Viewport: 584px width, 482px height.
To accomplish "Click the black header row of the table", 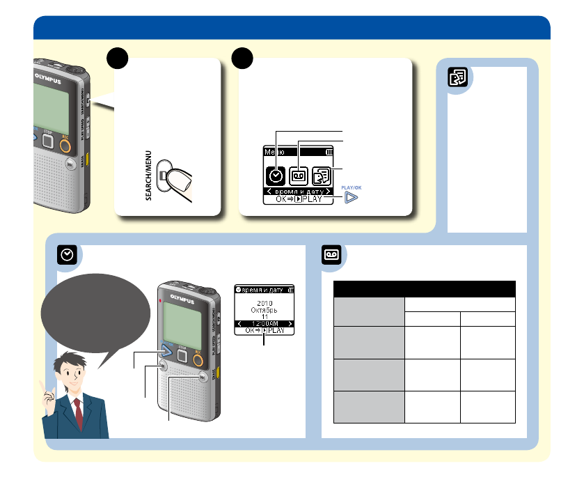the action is (424, 289).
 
